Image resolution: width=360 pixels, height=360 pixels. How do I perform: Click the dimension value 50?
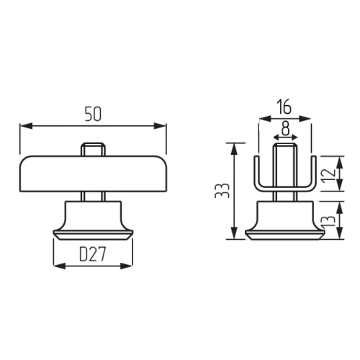coord(93,114)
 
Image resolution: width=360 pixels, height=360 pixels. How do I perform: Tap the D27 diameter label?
coord(93,254)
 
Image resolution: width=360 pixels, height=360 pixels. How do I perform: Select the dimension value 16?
coord(284,107)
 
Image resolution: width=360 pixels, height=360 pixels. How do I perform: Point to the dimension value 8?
coord(285,128)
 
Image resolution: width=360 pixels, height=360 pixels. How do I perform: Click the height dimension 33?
coord(222,191)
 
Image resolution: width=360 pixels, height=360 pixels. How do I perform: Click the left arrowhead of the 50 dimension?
coord(26,126)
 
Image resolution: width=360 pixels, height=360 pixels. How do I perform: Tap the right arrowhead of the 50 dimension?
coord(160,126)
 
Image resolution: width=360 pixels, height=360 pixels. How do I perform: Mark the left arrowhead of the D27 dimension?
coord(59,266)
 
